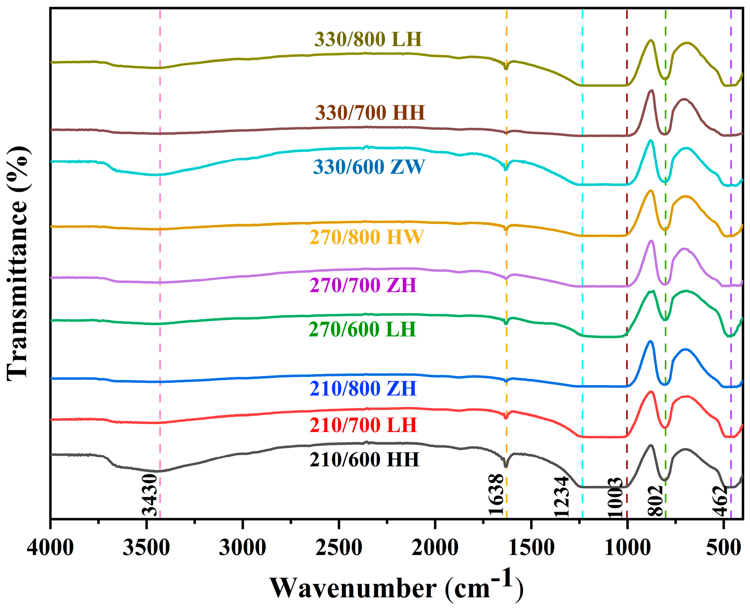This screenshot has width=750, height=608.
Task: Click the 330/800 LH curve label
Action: tap(368, 39)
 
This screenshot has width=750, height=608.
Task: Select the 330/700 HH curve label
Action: tap(370, 113)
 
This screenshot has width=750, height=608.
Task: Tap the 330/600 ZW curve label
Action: tap(369, 167)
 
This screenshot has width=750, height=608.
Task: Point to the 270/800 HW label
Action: tap(367, 237)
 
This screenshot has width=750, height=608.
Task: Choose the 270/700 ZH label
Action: tap(363, 285)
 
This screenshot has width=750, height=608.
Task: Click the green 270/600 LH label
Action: tap(362, 329)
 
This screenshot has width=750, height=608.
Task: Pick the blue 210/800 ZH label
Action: tap(363, 388)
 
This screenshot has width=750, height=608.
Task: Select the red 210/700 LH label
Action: tap(363, 425)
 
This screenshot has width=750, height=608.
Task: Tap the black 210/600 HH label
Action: tap(364, 459)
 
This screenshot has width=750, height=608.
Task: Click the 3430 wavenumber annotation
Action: tap(150, 495)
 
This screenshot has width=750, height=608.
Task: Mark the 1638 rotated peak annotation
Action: tap(496, 495)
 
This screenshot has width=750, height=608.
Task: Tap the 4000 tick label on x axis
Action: tap(50, 547)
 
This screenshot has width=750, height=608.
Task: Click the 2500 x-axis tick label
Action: tap(339, 547)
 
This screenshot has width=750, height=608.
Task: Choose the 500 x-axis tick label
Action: tap(724, 547)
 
